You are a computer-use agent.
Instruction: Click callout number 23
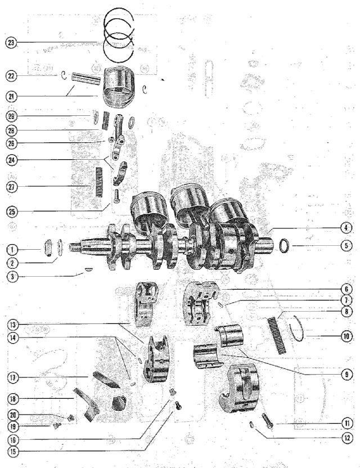coord(11,42)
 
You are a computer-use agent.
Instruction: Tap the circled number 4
coord(346,228)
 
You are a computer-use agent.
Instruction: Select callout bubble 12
coord(346,438)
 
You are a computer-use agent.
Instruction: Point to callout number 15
coord(13,451)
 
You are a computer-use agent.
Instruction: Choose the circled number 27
coord(12,187)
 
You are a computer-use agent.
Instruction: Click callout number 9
coord(346,374)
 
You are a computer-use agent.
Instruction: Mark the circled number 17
coord(13,378)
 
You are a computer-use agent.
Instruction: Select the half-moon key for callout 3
coord(88,269)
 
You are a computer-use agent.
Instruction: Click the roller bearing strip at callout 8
coord(276,335)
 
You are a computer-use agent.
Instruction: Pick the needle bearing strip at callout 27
coord(99,182)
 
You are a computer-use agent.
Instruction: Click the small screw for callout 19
coord(57,425)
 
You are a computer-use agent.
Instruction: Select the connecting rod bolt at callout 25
coord(116,196)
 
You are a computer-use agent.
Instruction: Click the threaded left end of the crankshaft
coord(74,247)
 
